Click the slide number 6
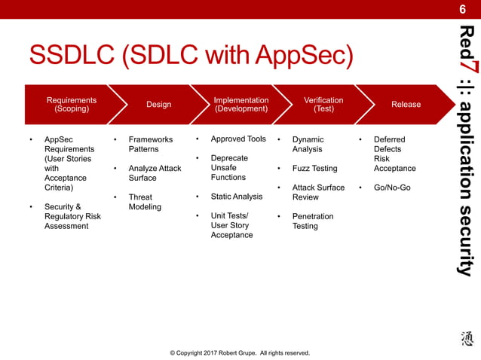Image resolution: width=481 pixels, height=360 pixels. [463, 9]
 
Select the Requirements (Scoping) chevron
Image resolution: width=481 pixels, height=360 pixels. [71, 104]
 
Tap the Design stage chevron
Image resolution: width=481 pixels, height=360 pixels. [158, 105]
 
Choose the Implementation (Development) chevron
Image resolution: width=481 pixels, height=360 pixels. [240, 104]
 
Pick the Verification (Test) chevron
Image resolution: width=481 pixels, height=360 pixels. [323, 104]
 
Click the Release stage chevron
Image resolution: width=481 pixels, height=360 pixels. [406, 105]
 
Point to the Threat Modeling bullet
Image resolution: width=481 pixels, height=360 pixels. [145, 202]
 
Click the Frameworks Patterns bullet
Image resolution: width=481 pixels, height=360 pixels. [150, 144]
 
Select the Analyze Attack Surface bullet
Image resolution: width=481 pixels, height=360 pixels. [155, 173]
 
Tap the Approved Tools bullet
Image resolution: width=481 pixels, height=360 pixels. [238, 139]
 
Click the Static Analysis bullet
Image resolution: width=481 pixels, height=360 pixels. [237, 197]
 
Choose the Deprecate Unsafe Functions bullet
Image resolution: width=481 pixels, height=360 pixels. [228, 168]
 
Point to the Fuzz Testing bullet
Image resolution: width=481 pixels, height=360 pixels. [314, 169]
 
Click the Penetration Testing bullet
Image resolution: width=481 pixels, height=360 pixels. [312, 221]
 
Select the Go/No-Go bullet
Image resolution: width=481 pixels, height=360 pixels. [392, 188]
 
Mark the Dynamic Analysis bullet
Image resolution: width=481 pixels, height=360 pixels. [308, 144]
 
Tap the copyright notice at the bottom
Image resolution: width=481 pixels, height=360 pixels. [240, 352]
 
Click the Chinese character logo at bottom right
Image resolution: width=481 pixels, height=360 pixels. [466, 340]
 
